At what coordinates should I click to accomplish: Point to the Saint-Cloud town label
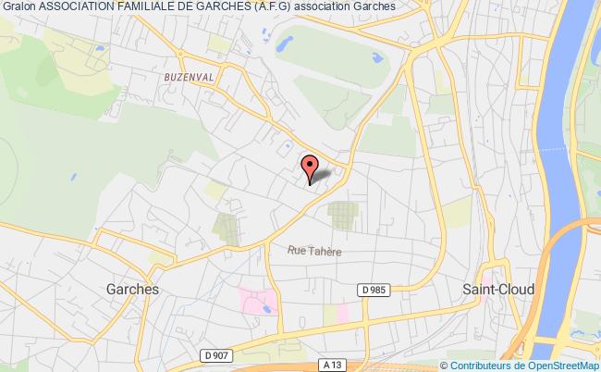[497, 289]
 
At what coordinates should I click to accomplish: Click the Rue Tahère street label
[309, 249]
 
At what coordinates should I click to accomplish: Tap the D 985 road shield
[374, 291]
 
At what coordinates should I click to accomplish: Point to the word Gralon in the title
[18, 6]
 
